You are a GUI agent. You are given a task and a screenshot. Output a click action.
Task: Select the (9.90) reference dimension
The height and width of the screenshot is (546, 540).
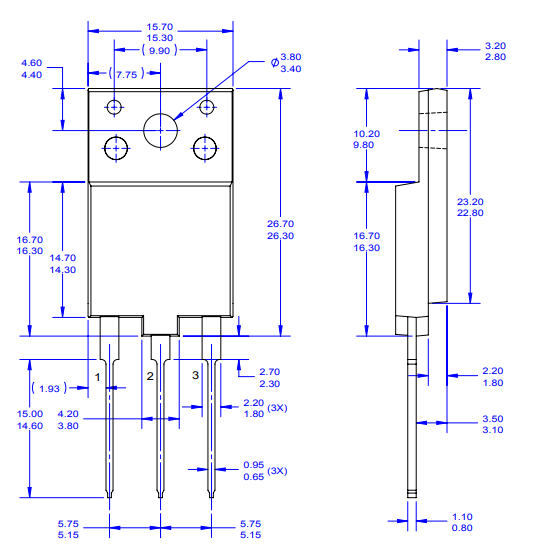point(159,49)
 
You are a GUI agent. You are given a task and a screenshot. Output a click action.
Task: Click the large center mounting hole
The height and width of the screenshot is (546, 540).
point(160,130)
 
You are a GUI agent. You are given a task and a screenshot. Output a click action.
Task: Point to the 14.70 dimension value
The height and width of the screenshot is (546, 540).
point(63,257)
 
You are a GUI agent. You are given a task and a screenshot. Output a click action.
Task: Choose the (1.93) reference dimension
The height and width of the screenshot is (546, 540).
point(48,387)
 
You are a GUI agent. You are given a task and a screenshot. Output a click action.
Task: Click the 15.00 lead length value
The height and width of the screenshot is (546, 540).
point(30,413)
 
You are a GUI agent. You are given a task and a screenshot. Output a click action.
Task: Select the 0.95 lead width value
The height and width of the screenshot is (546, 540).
point(255,465)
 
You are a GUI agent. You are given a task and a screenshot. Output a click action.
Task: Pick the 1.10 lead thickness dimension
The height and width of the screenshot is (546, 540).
point(464,515)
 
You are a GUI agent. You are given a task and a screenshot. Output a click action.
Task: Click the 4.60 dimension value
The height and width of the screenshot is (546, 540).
point(32,63)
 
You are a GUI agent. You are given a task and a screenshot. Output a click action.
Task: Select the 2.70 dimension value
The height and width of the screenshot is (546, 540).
point(269,371)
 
